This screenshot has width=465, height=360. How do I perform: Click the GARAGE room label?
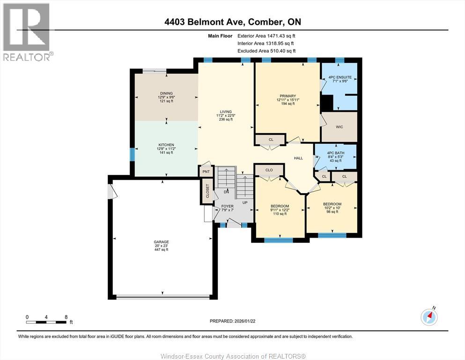(x=161, y=242)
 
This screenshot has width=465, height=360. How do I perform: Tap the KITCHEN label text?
(x=166, y=145)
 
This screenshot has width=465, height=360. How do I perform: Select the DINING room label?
(x=166, y=93)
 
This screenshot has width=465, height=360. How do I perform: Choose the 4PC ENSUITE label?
(x=340, y=77)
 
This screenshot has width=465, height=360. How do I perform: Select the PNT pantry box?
(x=206, y=172)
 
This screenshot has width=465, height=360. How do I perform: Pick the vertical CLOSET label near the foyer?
(x=207, y=191)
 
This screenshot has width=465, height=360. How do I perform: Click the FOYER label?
(x=227, y=206)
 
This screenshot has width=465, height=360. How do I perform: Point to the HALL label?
(x=298, y=158)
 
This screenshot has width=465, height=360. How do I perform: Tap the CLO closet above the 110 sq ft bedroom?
(x=269, y=170)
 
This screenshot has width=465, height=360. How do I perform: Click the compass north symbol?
(x=429, y=317)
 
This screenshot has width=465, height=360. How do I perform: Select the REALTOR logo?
(x=27, y=32)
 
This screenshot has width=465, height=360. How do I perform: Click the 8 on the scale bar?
(x=66, y=317)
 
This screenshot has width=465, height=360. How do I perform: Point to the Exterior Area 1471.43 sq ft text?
(x=266, y=36)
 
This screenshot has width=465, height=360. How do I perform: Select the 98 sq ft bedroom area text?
(x=332, y=212)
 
